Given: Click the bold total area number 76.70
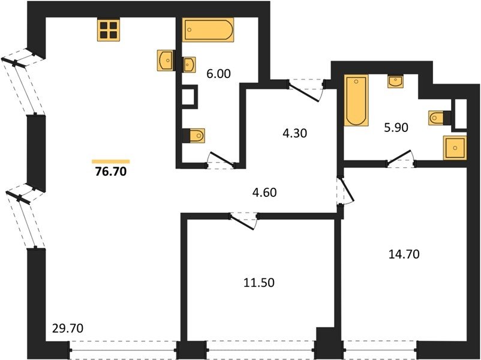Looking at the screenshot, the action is coord(111,172).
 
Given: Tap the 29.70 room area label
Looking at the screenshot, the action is coord(68,329).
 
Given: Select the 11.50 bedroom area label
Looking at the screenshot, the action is coord(259,283).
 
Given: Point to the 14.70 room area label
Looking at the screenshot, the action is coord(404,254).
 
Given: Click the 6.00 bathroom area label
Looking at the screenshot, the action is coord(218,74).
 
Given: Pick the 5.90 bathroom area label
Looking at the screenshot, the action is coord(396,127).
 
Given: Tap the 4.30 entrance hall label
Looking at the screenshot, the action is coord(295,133).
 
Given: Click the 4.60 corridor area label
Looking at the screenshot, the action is coord(264,193).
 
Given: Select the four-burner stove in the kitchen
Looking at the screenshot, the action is coord(109,30).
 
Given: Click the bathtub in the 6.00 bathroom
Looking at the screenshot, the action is coord(208,29).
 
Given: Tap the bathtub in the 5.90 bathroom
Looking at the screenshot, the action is coord(356,100).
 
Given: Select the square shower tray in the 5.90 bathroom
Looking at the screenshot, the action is coord(455,148).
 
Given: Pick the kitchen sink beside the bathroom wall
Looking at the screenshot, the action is coord(165,61).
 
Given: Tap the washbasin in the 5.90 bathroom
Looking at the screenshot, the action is coord(395,82).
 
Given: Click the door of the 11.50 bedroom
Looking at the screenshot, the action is coord(243,221).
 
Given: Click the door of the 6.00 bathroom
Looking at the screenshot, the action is coord(221,159).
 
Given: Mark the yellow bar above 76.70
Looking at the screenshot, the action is coord(111,161).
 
